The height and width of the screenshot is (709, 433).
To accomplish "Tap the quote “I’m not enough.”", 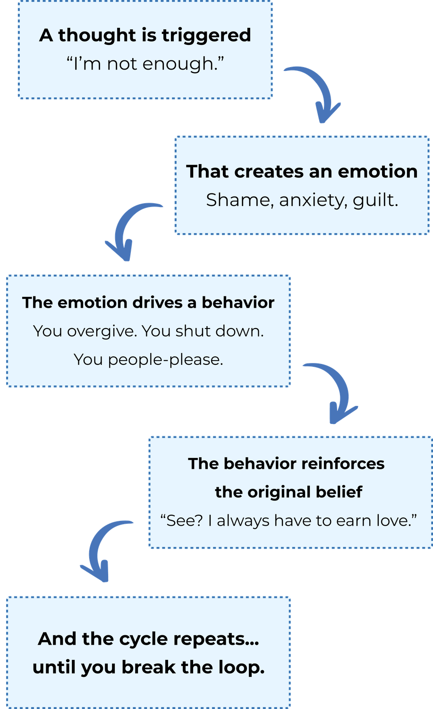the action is pyautogui.click(x=145, y=64).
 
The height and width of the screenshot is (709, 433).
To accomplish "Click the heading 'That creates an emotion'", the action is pyautogui.click(x=302, y=172).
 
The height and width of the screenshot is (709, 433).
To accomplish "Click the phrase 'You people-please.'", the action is pyautogui.click(x=148, y=360).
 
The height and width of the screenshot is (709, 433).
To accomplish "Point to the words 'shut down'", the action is pyautogui.click(x=219, y=331).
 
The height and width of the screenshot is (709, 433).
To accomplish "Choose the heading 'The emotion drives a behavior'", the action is pyautogui.click(x=148, y=303).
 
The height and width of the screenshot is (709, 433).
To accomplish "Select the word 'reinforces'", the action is pyautogui.click(x=343, y=464).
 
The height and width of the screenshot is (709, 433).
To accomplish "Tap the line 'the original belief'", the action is pyautogui.click(x=289, y=492).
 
